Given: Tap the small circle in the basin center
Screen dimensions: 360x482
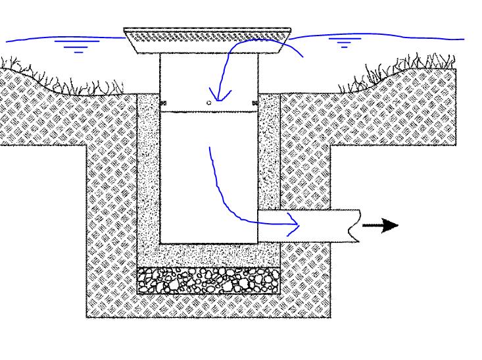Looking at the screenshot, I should pos(209,103).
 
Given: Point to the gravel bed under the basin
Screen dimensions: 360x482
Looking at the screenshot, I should pos(208,280).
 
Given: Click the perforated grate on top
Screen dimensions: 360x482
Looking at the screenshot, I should pos(208,34).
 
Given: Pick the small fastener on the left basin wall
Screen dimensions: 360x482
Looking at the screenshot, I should pos(162,103).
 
